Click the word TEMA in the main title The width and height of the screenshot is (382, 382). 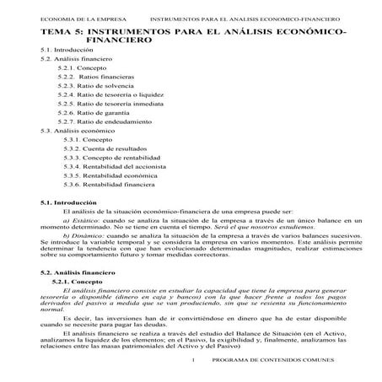(58, 31)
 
